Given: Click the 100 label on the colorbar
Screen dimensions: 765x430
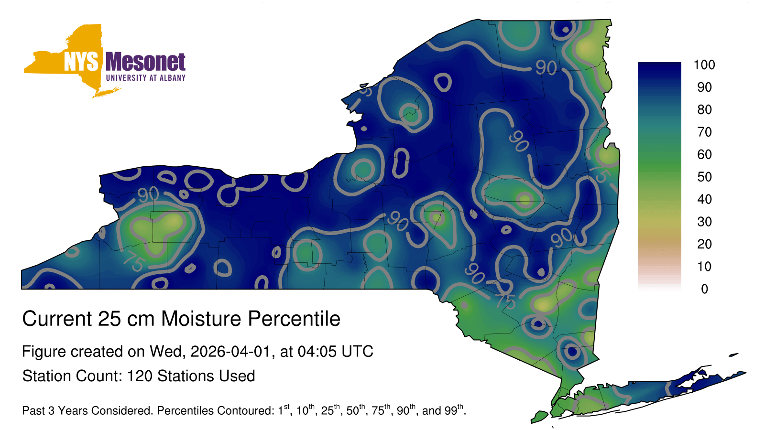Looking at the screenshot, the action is point(704,65).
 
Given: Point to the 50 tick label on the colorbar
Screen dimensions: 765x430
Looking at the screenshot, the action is point(704,177).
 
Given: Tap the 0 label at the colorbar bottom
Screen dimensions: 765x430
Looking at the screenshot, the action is point(704,289).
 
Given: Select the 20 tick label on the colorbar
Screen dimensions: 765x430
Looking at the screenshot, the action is point(704,244).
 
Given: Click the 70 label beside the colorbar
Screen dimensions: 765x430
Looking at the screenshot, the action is point(704,132).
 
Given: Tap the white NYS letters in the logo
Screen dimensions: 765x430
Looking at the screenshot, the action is point(81,62).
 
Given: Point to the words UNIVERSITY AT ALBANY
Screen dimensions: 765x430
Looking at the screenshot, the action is point(145,78).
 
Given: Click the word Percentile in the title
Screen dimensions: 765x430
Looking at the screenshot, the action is point(294,319).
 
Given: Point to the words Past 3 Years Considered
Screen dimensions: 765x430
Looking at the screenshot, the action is point(87,410).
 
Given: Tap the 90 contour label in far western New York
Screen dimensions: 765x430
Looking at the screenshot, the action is point(148,194).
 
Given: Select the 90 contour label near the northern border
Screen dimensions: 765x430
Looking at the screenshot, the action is point(546,67).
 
